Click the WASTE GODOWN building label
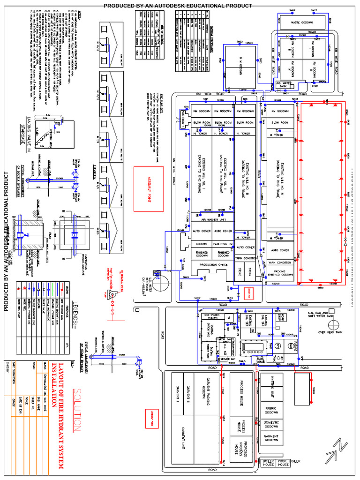pyautogui.click(x=301, y=22)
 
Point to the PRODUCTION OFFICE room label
pyautogui.click(x=213, y=265)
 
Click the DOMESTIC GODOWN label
pyautogui.click(x=271, y=424)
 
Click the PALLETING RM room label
pyautogui.click(x=224, y=244)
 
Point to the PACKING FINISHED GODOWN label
pyautogui.click(x=280, y=273)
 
